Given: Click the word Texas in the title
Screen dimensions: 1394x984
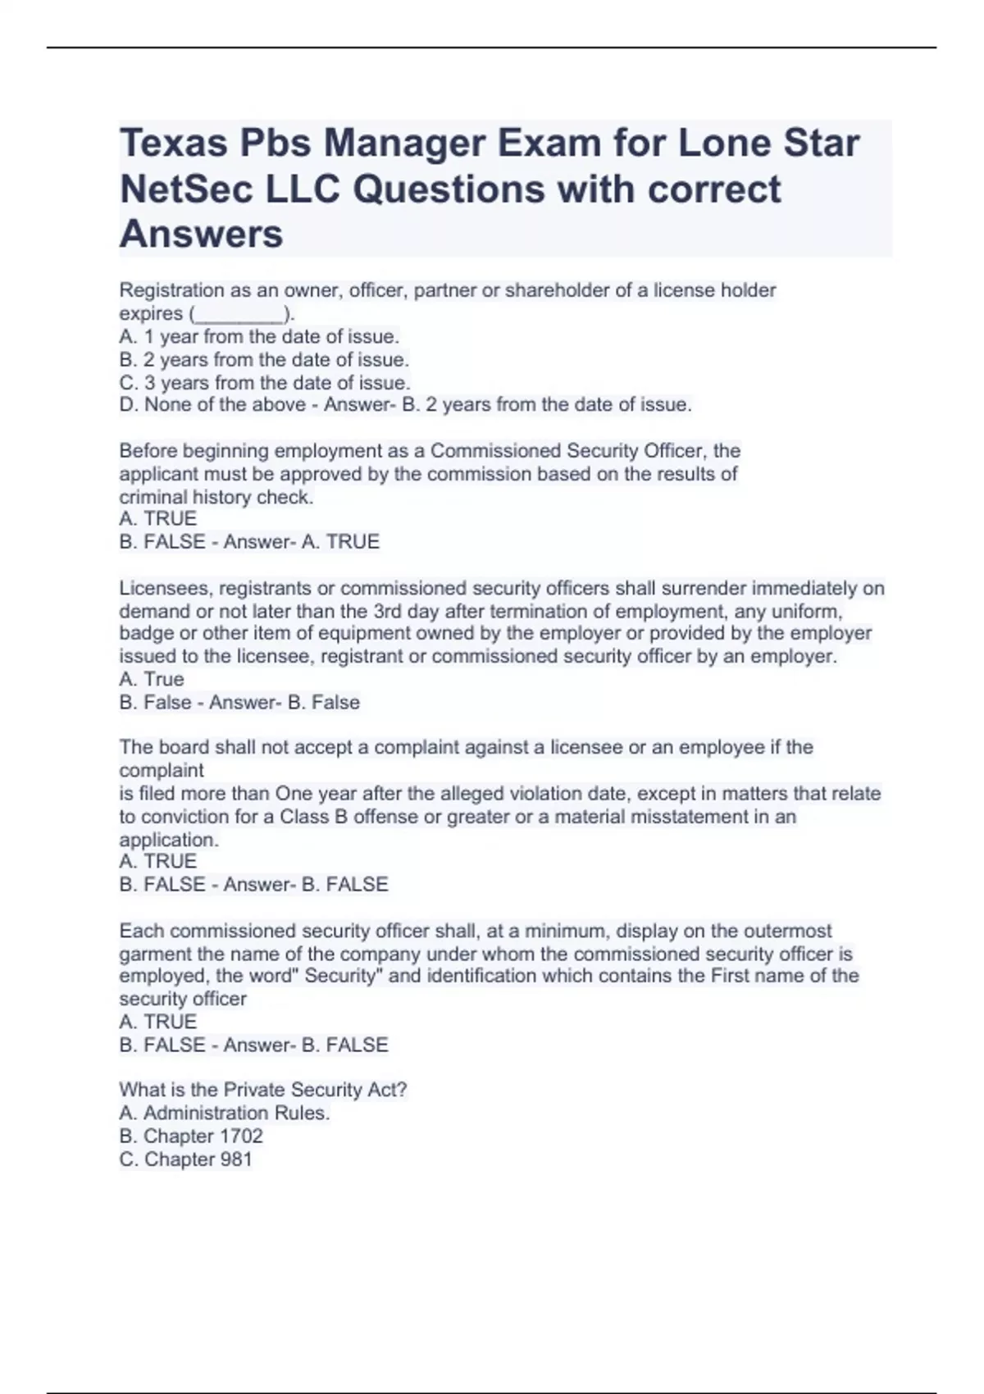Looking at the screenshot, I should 173,143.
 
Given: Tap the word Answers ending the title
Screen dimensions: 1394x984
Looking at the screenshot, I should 201,235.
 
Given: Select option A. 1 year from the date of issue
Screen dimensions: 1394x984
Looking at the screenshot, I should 259,336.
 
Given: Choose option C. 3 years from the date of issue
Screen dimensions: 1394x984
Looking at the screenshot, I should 264,383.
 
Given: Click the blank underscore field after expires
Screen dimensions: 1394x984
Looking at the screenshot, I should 239,314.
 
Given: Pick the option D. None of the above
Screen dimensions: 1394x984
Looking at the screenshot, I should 212,405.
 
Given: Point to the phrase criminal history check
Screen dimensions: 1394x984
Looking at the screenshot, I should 216,497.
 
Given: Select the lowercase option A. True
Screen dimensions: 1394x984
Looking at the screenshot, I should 152,680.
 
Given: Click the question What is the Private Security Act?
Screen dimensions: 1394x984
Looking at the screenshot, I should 262,1090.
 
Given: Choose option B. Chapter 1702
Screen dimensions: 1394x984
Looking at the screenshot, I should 191,1137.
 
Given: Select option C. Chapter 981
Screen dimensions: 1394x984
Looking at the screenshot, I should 185,1159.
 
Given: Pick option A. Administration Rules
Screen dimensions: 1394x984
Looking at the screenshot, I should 224,1113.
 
